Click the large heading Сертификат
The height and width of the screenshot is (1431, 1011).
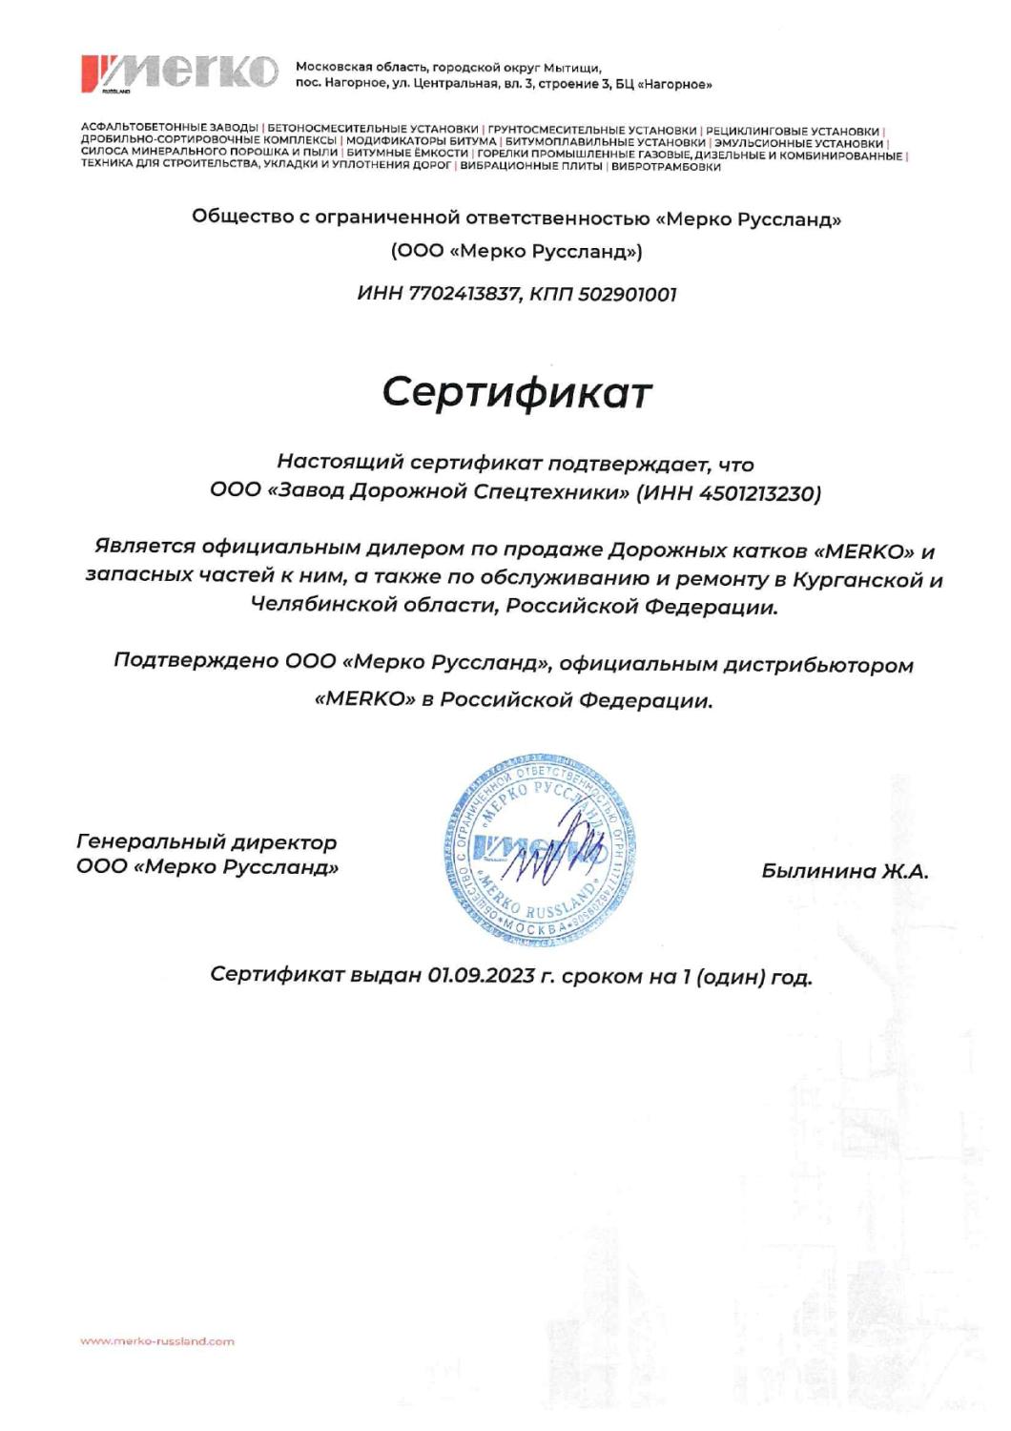click(517, 392)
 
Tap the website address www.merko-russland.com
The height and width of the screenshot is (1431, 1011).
click(157, 1340)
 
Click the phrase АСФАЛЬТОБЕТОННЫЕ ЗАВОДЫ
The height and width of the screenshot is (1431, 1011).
click(169, 130)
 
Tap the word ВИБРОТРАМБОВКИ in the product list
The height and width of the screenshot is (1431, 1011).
click(666, 166)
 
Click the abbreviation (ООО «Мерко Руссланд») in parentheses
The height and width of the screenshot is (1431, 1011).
click(516, 252)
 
